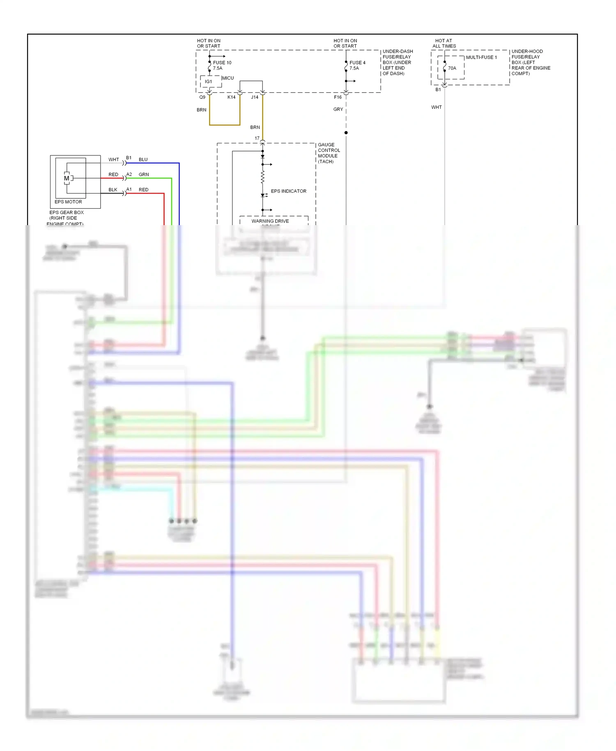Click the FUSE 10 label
coord(222,63)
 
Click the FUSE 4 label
coord(357,63)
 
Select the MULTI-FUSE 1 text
coord(481,58)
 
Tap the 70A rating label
coord(452,68)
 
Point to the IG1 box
coord(209,82)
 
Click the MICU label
coord(228,78)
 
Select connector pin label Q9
coord(202,97)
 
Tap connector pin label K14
coord(232,97)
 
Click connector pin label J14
coord(255,97)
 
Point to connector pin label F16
coord(338,97)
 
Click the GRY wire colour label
coord(338,109)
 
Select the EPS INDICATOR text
coord(288,191)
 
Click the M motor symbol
coord(67,178)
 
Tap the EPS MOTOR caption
coord(68,202)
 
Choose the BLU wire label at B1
coord(143,159)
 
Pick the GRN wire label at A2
coord(144,175)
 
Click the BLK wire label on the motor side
coord(113,190)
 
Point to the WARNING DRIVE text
coord(270,221)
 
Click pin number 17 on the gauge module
coord(257,138)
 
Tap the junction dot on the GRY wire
coord(346,133)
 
